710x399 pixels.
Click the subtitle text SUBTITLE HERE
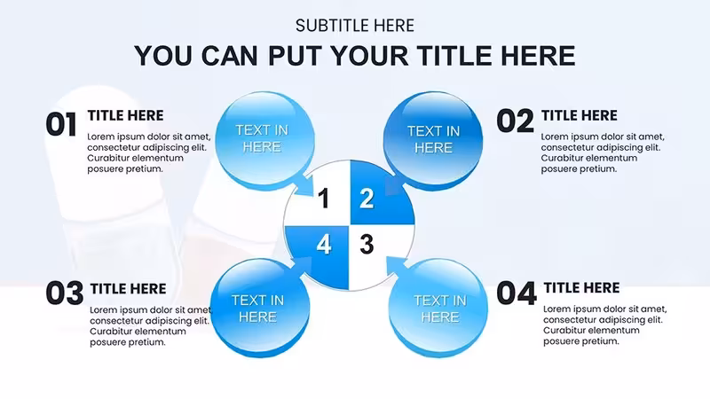[354, 26]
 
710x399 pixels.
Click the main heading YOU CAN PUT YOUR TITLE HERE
[354, 56]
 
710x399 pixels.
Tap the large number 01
[61, 124]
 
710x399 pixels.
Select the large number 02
[515, 121]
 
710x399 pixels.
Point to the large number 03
[65, 293]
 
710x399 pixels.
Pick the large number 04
[517, 293]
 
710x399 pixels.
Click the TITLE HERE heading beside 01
[125, 115]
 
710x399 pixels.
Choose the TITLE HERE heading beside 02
[580, 115]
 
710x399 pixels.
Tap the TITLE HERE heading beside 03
[128, 289]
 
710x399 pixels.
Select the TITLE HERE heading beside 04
[582, 287]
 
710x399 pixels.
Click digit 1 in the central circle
[323, 199]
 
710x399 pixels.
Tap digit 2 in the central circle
[367, 199]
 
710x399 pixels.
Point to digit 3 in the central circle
[367, 245]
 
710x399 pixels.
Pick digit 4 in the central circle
[323, 245]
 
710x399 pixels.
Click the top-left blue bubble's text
[262, 138]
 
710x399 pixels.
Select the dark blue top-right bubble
[433, 140]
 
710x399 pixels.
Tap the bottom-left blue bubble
[260, 308]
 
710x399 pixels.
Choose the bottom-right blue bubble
[438, 308]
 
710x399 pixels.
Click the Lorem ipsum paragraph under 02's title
[603, 153]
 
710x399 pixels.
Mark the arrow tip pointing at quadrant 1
[313, 195]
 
